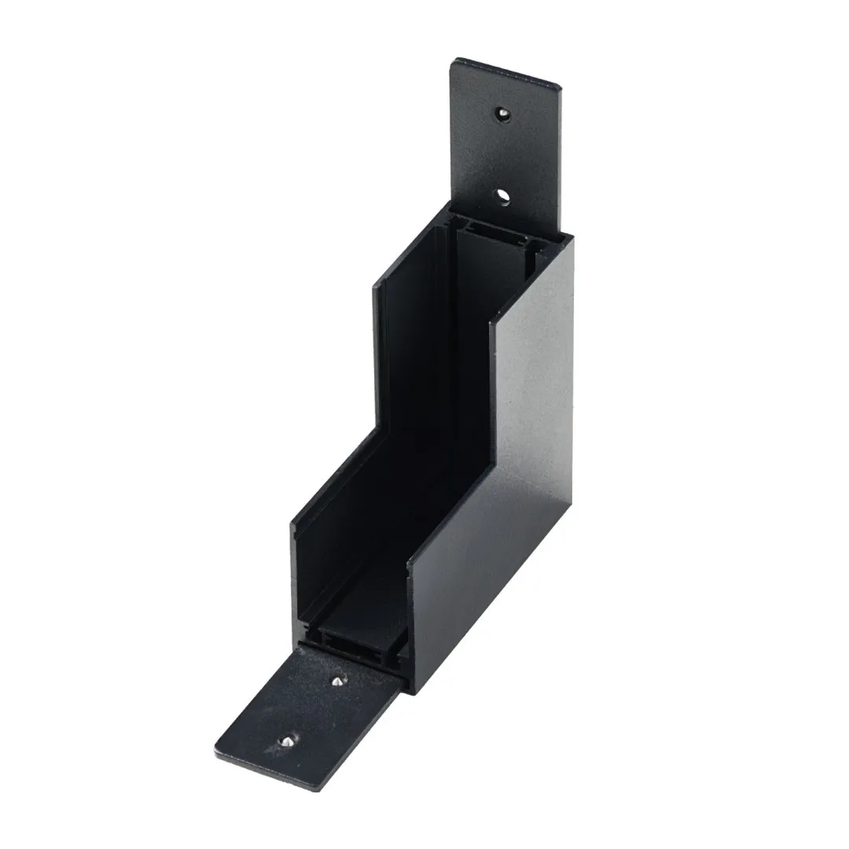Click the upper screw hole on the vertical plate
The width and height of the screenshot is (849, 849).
pyautogui.click(x=500, y=114)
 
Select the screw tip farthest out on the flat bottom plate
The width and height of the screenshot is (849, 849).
pyautogui.click(x=289, y=741)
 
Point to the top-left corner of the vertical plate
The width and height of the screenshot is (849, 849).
pyautogui.click(x=454, y=60)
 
